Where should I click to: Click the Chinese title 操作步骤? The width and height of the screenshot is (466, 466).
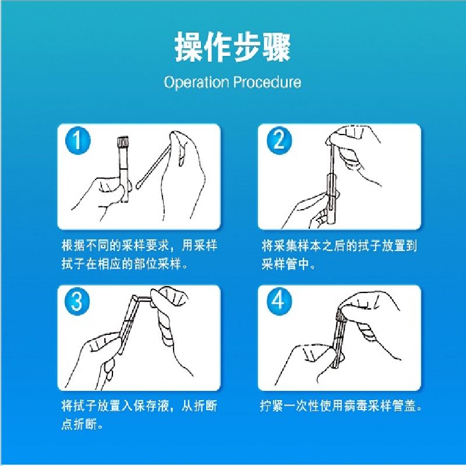pyautogui.click(x=232, y=47)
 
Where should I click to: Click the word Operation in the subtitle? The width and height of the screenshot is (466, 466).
pyautogui.click(x=196, y=82)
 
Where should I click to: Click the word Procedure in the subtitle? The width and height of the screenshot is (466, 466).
pyautogui.click(x=267, y=82)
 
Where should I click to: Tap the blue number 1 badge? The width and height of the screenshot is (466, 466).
pyautogui.click(x=77, y=140)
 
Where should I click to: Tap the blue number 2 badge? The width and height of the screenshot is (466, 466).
pyautogui.click(x=279, y=140)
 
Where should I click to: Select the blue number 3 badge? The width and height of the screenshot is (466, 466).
pyautogui.click(x=77, y=301)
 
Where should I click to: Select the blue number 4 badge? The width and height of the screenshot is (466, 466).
pyautogui.click(x=279, y=301)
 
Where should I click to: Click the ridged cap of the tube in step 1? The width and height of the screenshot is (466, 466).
pyautogui.click(x=123, y=142)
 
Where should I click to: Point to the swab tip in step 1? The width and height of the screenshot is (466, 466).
pyautogui.click(x=139, y=185)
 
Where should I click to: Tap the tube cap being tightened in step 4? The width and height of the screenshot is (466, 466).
pyautogui.click(x=340, y=315)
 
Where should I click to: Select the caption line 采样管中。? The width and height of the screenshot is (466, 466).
pyautogui.click(x=288, y=264)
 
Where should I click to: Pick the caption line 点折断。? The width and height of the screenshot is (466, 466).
pyautogui.click(x=82, y=425)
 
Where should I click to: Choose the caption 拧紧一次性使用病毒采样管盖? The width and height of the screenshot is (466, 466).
pyautogui.click(x=341, y=405)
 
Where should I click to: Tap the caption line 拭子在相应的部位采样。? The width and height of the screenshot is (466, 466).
pyautogui.click(x=125, y=264)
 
